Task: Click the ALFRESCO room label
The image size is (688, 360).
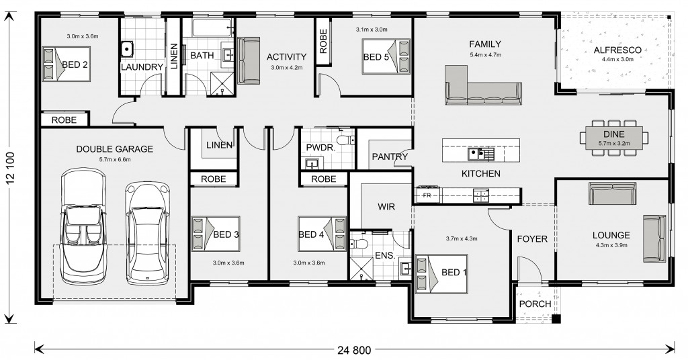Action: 617,50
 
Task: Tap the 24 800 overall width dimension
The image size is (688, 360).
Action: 355,351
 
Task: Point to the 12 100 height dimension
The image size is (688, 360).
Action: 11,167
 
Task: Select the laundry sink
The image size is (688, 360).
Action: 126,48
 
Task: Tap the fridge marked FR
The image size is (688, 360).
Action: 427,195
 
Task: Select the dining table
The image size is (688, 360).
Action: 614,138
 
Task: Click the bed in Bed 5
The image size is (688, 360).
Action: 386,56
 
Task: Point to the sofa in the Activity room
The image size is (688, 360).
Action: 249,60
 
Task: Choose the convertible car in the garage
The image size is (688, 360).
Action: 83,226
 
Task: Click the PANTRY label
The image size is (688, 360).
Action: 390,156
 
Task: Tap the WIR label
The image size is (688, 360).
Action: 386,206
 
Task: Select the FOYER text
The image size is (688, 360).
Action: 532,239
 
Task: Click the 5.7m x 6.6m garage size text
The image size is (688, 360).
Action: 115,160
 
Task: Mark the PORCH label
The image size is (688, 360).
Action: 535,304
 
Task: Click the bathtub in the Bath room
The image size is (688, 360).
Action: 213,28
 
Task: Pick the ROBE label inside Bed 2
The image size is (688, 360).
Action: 64,120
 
